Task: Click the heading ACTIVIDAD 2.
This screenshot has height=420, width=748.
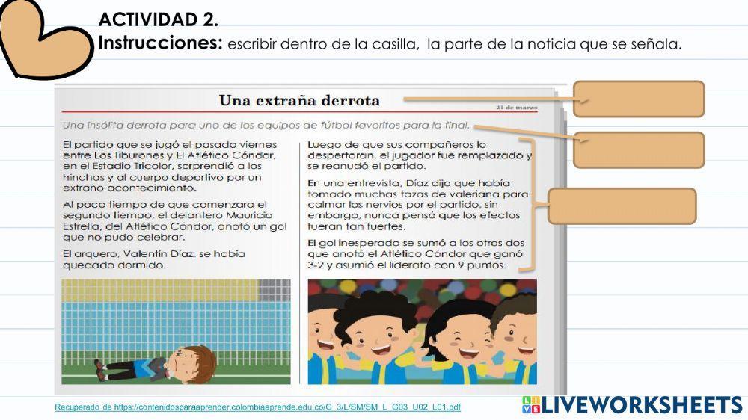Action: [x=158, y=19]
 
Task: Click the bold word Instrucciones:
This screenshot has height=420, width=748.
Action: [x=161, y=43]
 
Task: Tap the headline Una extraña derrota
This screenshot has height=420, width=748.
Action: [x=299, y=101]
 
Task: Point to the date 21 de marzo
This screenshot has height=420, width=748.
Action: [x=516, y=108]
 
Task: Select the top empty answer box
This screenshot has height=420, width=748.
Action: [x=639, y=99]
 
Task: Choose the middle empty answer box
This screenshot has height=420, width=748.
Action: [x=639, y=149]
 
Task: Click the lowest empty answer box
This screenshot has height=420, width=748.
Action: [x=622, y=206]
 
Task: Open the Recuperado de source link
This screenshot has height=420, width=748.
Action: [x=257, y=407]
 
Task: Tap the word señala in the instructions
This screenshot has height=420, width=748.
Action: [x=657, y=45]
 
